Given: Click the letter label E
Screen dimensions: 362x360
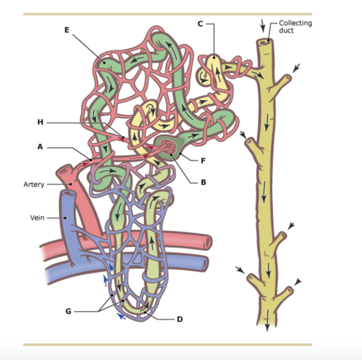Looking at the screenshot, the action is pyautogui.click(x=66, y=30).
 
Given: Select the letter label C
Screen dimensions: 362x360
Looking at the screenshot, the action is pyautogui.click(x=200, y=24).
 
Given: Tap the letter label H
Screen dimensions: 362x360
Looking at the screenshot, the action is pyautogui.click(x=40, y=122).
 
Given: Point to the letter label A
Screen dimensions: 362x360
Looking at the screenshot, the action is pyautogui.click(x=40, y=147).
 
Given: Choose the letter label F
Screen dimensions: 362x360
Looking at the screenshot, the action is pyautogui.click(x=203, y=161).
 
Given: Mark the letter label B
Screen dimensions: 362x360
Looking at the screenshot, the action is pyautogui.click(x=203, y=183).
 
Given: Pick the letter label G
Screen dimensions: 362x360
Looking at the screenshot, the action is pyautogui.click(x=68, y=311).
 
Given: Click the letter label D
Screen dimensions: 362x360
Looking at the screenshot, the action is pyautogui.click(x=180, y=319).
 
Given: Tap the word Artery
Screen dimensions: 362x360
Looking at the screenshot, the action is pyautogui.click(x=34, y=184).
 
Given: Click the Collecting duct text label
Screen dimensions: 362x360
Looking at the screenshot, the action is pyautogui.click(x=295, y=26).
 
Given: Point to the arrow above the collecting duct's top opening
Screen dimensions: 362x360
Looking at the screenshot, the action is pyautogui.click(x=262, y=25).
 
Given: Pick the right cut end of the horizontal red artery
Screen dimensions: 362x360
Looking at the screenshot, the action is pyautogui.click(x=208, y=242).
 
